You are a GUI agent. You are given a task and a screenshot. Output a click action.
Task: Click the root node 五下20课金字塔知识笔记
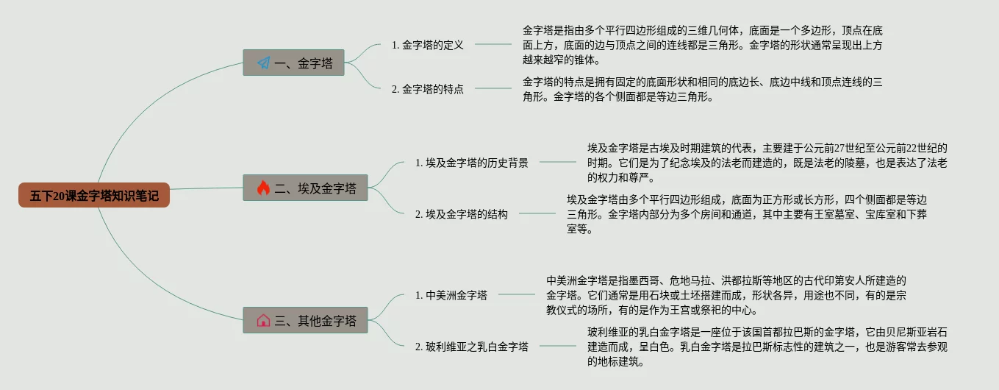coord(94,195)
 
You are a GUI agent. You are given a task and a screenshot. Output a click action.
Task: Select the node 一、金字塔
coord(294,63)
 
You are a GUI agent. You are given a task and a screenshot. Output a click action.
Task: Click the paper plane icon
coord(263,63)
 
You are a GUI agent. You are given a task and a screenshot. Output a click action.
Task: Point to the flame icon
coord(263,188)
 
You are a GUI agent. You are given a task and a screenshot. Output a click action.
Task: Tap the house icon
coord(263,320)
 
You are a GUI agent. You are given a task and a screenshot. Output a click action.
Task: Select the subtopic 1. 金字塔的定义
coord(428,45)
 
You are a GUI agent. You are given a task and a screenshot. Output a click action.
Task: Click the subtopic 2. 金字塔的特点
coord(428,89)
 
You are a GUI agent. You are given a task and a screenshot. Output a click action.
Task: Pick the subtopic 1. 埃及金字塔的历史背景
coord(471,163)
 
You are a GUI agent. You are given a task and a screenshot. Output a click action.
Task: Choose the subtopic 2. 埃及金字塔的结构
coord(461,214)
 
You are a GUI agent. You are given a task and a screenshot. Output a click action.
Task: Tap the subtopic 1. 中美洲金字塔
coord(451,295)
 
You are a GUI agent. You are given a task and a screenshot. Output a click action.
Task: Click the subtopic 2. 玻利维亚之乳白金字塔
coord(471,347)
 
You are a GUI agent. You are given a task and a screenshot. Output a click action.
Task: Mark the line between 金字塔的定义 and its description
coord(493,44)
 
